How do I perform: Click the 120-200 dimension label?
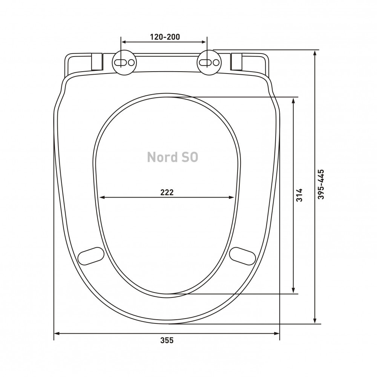coord(165,37)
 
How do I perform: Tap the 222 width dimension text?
coord(167,192)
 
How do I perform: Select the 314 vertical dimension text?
coord(299,195)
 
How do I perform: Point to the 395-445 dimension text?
coord(321,184)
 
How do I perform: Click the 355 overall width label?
coord(167,340)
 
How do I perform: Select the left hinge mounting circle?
coord(124,62)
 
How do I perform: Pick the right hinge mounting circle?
coord(209,62)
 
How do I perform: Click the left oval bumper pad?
coord(91,256)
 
